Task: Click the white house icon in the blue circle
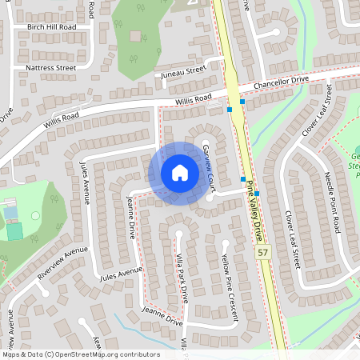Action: tap(179, 173)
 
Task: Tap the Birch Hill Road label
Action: tap(51, 26)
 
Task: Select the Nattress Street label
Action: tap(51, 68)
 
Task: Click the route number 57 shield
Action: tap(262, 252)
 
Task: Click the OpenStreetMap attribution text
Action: tap(80, 354)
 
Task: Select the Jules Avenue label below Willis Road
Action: tap(84, 182)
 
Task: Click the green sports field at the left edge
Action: tap(14, 231)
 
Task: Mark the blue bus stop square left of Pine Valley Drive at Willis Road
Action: tap(230, 109)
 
